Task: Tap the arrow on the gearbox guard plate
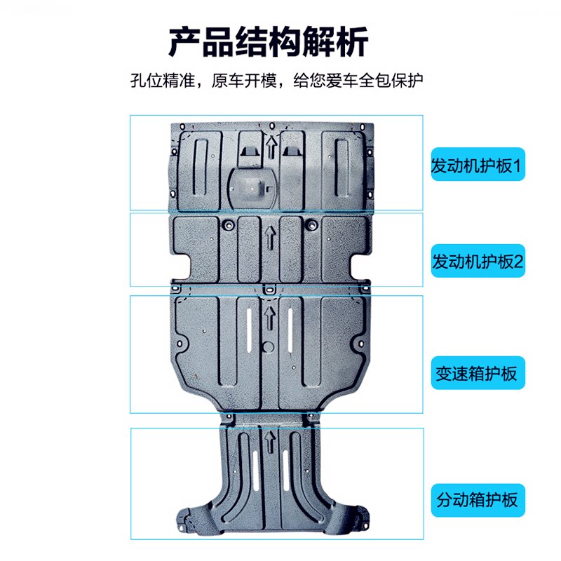click(x=270, y=317)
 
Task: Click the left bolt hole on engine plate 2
click(x=228, y=224)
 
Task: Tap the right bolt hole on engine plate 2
click(x=311, y=224)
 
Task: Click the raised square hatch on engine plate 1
click(x=250, y=186)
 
